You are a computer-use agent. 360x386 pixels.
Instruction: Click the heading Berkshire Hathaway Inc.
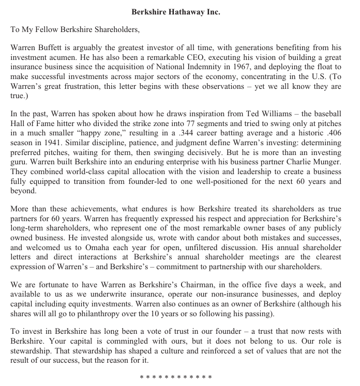pyautogui.click(x=176, y=12)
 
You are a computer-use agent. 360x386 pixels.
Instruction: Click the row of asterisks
pyautogui.click(x=176, y=378)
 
